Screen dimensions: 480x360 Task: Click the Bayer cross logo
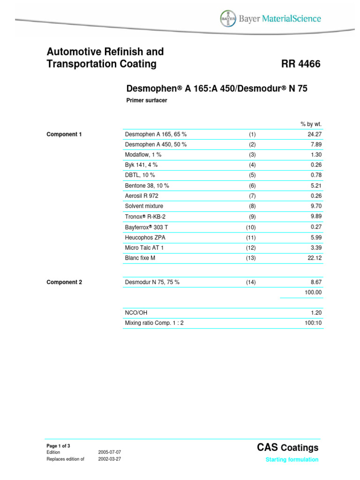(228, 19)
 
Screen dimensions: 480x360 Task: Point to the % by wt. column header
(311, 124)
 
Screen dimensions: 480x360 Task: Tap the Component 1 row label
(64, 134)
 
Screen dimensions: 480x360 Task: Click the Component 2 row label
(64, 282)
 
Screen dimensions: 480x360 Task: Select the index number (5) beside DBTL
(252, 175)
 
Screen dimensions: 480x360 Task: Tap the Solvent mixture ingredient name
(144, 206)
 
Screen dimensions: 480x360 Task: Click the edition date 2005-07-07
(110, 452)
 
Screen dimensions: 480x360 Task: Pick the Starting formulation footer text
(292, 460)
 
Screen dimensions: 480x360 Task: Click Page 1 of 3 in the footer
(59, 445)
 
